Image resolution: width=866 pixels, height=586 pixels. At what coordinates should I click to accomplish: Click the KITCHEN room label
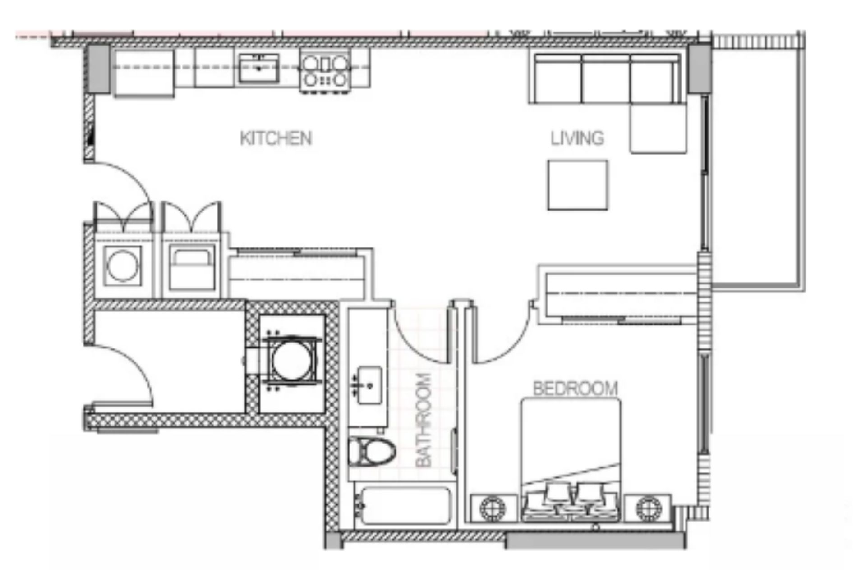(x=276, y=138)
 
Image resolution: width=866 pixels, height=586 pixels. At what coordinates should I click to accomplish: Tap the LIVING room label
(x=577, y=138)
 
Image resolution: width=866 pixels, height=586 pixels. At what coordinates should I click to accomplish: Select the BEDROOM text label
(x=575, y=389)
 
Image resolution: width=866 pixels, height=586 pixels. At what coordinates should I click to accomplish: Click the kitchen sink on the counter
(x=258, y=68)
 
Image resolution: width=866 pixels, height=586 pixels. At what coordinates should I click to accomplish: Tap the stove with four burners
(x=325, y=71)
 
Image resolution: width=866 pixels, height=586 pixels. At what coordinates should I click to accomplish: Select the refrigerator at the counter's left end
(x=144, y=73)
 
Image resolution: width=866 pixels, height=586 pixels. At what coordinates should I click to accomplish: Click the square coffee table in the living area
(x=577, y=185)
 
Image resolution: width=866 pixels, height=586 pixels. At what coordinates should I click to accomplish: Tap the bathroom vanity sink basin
(x=369, y=385)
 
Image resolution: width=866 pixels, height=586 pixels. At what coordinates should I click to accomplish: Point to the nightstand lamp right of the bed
(x=648, y=508)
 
